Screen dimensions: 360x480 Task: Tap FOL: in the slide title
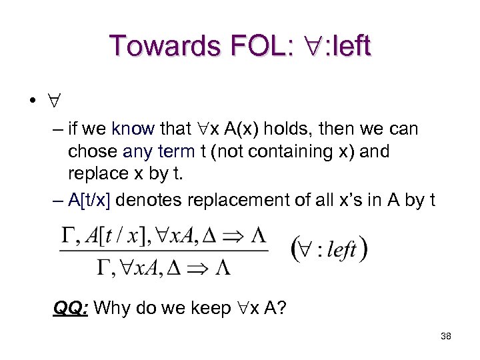click(261, 46)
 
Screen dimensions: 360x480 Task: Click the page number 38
click(446, 336)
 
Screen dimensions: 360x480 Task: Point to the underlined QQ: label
click(72, 309)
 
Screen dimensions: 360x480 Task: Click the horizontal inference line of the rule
click(164, 250)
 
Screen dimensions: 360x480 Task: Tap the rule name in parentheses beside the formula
click(329, 250)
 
